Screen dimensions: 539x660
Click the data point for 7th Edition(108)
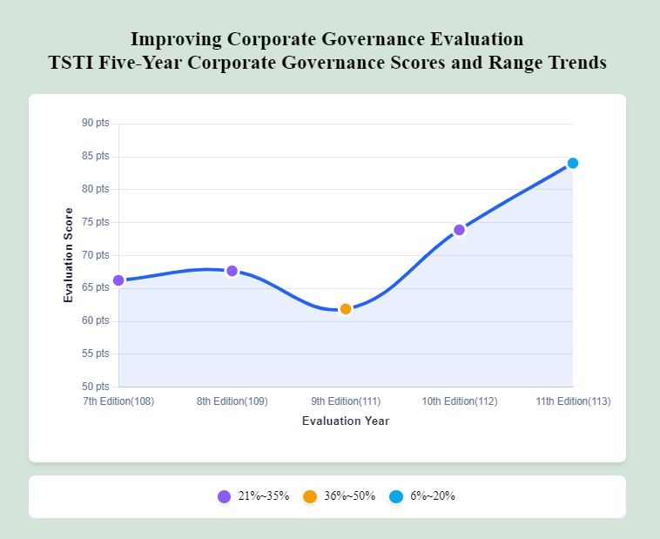point(118,280)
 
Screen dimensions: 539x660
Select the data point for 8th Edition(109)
point(232,271)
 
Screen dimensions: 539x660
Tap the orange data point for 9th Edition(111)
point(346,309)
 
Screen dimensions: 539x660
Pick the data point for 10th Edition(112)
point(459,230)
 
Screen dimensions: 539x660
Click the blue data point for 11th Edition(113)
point(573,163)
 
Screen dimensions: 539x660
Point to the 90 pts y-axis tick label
point(96,124)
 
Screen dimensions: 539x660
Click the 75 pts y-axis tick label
point(96,222)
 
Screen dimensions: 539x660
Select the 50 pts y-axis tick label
point(96,387)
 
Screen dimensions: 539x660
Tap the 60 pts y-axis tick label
point(96,320)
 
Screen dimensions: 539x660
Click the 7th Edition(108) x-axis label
point(118,401)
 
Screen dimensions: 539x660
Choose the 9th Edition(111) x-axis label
point(346,401)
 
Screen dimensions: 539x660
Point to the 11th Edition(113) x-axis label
point(573,401)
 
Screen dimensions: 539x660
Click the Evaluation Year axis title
point(346,421)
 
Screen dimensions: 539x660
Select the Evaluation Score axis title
point(69,255)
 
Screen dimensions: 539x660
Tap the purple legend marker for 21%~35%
point(224,496)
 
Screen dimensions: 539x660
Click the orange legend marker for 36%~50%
point(310,496)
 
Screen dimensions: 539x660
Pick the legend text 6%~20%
point(433,496)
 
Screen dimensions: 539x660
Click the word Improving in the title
point(175,39)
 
